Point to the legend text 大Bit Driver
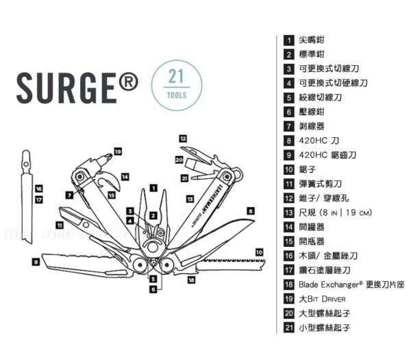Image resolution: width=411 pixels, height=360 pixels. point(323,299)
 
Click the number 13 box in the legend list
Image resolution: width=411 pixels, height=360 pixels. point(288,212)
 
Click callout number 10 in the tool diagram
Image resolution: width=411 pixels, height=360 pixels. point(259,252)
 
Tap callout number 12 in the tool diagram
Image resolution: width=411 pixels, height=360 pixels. point(183,138)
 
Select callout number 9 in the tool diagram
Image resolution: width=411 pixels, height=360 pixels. point(35,261)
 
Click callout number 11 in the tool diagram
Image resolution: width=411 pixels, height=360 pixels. point(60,224)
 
